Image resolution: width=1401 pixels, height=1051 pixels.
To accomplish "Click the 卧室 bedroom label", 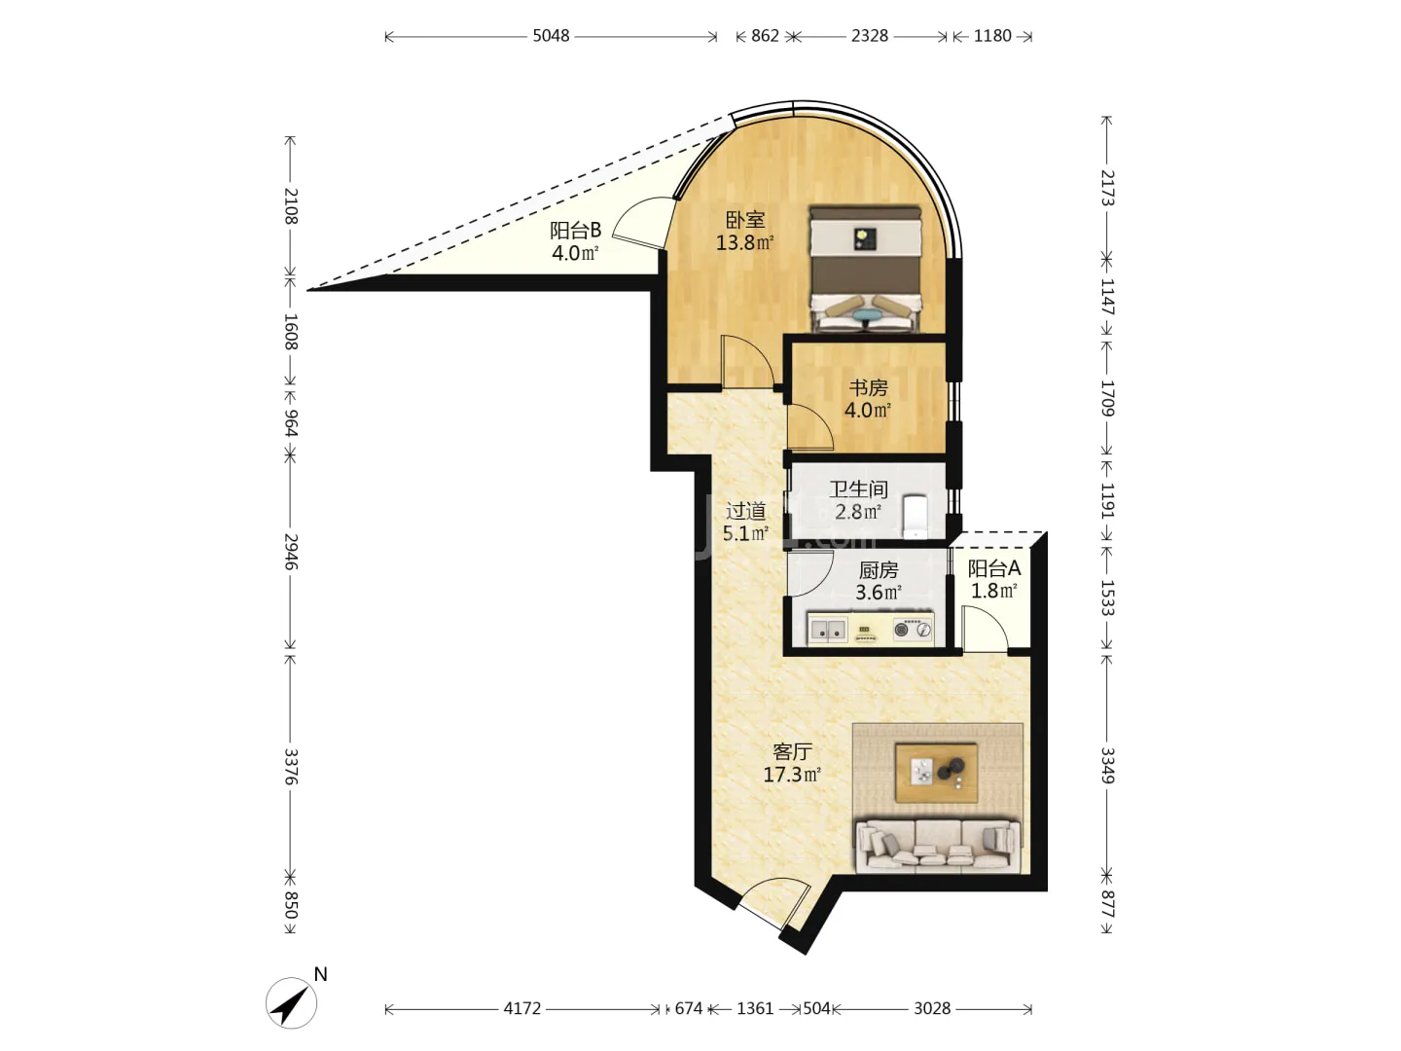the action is click(x=745, y=220).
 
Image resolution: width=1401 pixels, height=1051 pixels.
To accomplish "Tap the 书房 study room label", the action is click(x=868, y=387).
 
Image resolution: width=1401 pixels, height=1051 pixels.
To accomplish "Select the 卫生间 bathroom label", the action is click(x=858, y=489).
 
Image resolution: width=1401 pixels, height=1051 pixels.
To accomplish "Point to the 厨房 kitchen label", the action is click(x=879, y=569).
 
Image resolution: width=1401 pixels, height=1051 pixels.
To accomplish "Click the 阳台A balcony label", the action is click(x=993, y=568).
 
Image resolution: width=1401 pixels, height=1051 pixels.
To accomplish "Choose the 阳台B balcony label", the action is click(x=575, y=230).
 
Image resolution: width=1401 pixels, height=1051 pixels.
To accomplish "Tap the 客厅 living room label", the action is click(x=792, y=751).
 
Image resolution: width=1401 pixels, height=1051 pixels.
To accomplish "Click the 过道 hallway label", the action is click(x=745, y=511).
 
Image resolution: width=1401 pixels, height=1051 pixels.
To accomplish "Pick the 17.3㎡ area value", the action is click(x=792, y=775).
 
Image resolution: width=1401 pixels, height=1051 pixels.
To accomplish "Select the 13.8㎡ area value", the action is click(x=745, y=242).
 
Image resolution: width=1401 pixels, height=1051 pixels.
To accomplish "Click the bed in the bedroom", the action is click(x=866, y=269).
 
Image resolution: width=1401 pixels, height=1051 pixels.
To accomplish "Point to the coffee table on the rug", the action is click(x=936, y=773).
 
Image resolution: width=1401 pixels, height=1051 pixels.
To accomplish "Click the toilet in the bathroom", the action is click(x=916, y=517).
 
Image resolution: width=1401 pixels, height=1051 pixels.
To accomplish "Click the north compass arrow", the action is click(x=291, y=1002).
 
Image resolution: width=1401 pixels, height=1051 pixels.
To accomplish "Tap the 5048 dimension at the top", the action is click(x=551, y=36).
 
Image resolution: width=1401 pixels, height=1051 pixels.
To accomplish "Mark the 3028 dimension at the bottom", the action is click(x=932, y=1008).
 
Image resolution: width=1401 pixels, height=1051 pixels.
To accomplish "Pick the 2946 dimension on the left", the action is click(x=291, y=552).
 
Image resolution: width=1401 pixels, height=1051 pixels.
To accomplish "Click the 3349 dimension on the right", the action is click(x=1107, y=766).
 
